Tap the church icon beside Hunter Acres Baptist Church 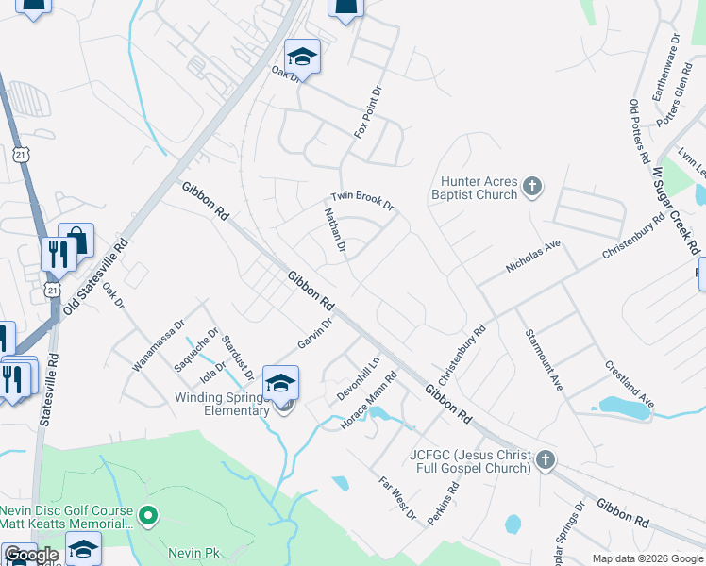coord(532,186)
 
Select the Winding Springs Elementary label coord(222,404)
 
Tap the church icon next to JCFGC coord(545,460)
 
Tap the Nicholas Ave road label coord(533,257)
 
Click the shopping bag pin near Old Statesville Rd coord(77,240)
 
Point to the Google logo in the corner coord(31,555)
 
